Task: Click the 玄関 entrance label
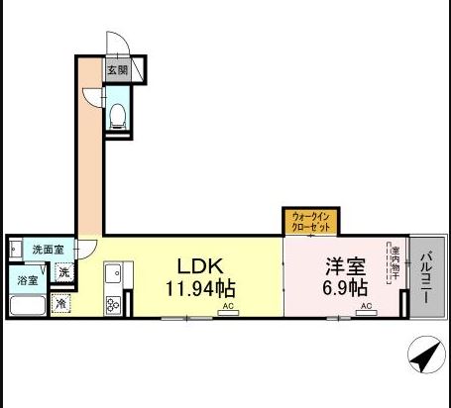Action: pyautogui.click(x=117, y=70)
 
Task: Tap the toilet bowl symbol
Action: pyautogui.click(x=118, y=116)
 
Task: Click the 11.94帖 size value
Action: pyautogui.click(x=199, y=289)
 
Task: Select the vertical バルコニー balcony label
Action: pyautogui.click(x=426, y=275)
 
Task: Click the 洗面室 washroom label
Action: pyautogui.click(x=48, y=251)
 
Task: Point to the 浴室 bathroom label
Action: pyautogui.click(x=27, y=281)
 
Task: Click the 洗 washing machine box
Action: pyautogui.click(x=63, y=272)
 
